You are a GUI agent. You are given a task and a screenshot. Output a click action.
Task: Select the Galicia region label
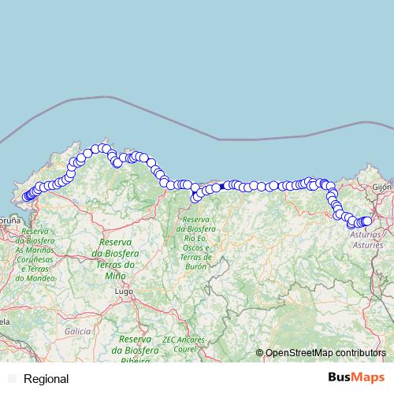click(x=78, y=332)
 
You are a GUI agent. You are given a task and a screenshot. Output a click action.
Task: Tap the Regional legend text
click(x=46, y=379)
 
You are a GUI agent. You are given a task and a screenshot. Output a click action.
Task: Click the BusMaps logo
click(x=351, y=378)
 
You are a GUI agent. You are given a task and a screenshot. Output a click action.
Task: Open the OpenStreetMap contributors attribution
click(x=325, y=352)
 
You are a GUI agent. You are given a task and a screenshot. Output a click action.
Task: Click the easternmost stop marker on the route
click(x=366, y=221)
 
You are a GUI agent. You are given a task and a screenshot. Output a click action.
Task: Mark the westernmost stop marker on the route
click(x=26, y=197)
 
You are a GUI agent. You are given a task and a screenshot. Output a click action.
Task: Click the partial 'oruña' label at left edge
click(x=9, y=221)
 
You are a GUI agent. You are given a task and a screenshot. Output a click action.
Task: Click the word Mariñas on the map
click(x=39, y=249)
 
